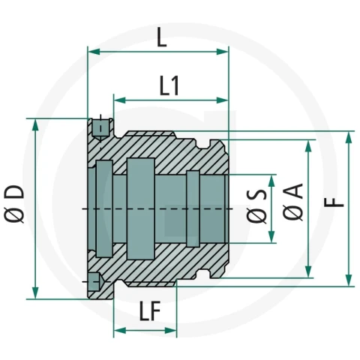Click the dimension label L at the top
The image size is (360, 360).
162,37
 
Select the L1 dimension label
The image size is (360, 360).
169,85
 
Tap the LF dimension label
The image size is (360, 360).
150,310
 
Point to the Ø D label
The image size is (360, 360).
14,204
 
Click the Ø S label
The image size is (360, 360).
257,206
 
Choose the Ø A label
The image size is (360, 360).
292,202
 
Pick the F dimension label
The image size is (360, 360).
334,202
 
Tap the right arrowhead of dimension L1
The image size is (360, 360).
222,100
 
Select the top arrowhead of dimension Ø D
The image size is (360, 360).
35,124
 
